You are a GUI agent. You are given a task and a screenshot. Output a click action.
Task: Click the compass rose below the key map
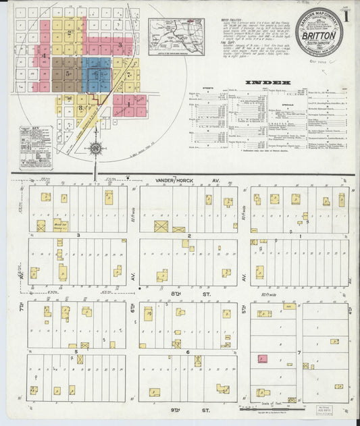tap(95, 149)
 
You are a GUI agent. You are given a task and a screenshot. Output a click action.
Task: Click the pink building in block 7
tap(262, 359)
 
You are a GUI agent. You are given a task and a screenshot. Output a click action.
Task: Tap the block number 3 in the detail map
tap(78, 235)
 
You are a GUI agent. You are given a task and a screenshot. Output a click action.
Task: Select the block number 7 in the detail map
tap(299, 352)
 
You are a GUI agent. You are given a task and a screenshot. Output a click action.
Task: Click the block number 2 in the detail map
tap(190, 236)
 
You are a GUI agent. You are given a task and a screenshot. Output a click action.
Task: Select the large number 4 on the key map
tap(44, 54)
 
